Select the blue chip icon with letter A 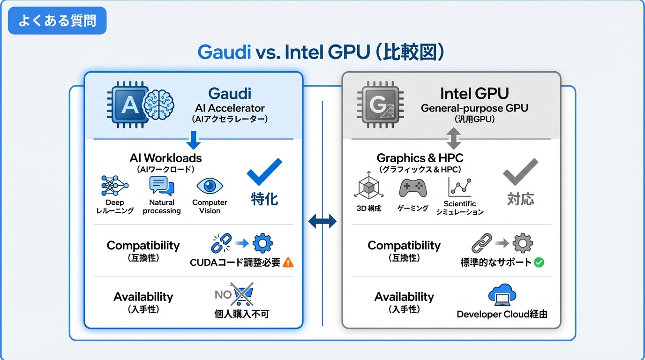click(126, 105)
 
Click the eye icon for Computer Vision click(210, 186)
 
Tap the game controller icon click(412, 188)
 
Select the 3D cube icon click(368, 188)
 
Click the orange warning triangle click(288, 262)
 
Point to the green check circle click(539, 262)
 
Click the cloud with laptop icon click(502, 295)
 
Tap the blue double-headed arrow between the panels click(322, 221)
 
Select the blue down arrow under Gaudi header click(193, 140)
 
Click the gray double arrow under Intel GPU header click(453, 139)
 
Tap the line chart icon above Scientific click(459, 187)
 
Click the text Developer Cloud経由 click(502, 314)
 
